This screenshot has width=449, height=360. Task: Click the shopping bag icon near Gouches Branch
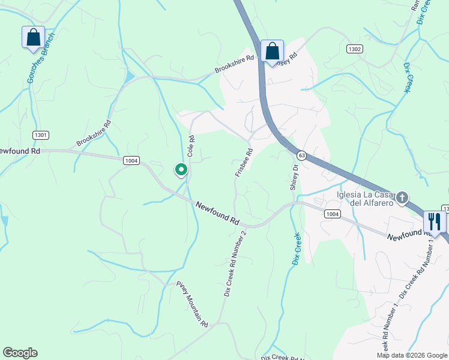click(33, 37)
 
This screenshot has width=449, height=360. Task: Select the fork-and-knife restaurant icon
click(435, 221)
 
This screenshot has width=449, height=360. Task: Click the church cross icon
click(402, 197)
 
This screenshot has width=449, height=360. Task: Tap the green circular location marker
click(181, 170)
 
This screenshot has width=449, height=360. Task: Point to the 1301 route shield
click(41, 135)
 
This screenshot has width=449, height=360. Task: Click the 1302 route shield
click(354, 48)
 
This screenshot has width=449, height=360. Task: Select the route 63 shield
click(301, 155)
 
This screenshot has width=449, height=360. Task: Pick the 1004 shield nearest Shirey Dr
click(332, 214)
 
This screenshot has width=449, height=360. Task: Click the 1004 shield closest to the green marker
click(131, 160)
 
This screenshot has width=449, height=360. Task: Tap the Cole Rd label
click(191, 146)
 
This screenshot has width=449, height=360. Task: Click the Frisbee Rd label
click(244, 163)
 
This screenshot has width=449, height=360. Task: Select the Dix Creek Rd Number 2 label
click(235, 263)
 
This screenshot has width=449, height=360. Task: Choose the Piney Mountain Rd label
click(192, 303)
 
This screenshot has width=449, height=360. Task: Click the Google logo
click(20, 353)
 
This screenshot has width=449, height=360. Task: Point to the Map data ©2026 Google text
click(412, 355)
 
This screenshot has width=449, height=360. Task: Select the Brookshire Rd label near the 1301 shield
click(94, 133)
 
